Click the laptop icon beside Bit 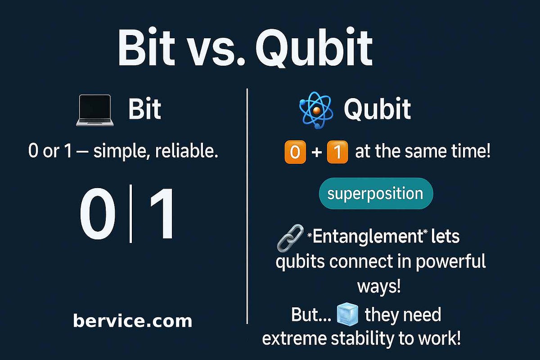coord(94,110)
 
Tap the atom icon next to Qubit coord(315,110)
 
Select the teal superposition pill coord(375,194)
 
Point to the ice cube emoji coord(347,315)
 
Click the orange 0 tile coord(295,153)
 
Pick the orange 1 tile coord(337,153)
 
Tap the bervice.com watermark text coord(132,321)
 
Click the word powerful coord(450,261)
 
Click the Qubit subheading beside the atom coord(377,109)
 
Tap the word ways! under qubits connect coord(378,286)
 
